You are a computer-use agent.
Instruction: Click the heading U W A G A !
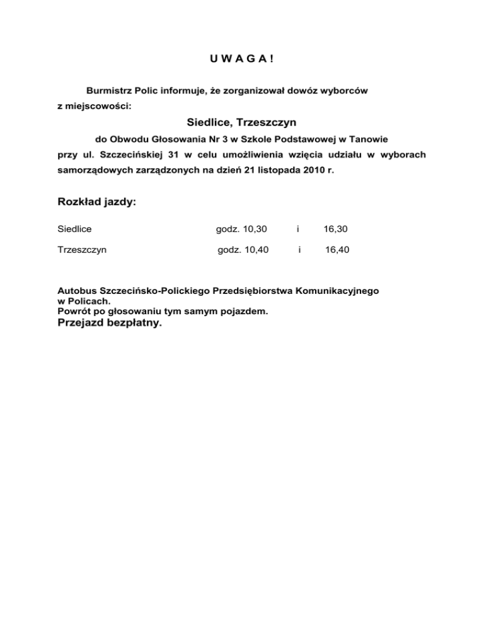coord(242,59)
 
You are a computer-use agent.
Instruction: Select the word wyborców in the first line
coord(345,91)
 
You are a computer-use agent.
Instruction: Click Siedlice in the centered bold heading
coord(210,122)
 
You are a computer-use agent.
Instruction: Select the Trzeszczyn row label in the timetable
coord(82,250)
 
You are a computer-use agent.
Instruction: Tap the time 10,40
coord(255,250)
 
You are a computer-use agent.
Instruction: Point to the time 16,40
coord(337,250)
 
